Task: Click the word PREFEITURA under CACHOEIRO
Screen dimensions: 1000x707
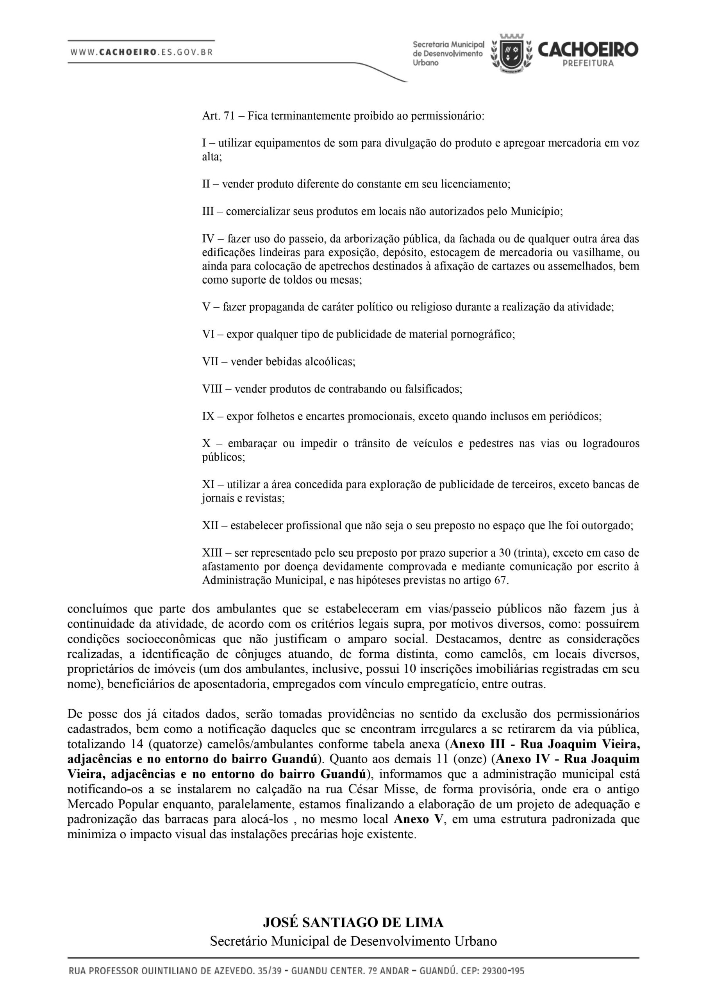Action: (588, 64)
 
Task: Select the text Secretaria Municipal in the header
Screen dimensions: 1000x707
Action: (448, 45)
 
